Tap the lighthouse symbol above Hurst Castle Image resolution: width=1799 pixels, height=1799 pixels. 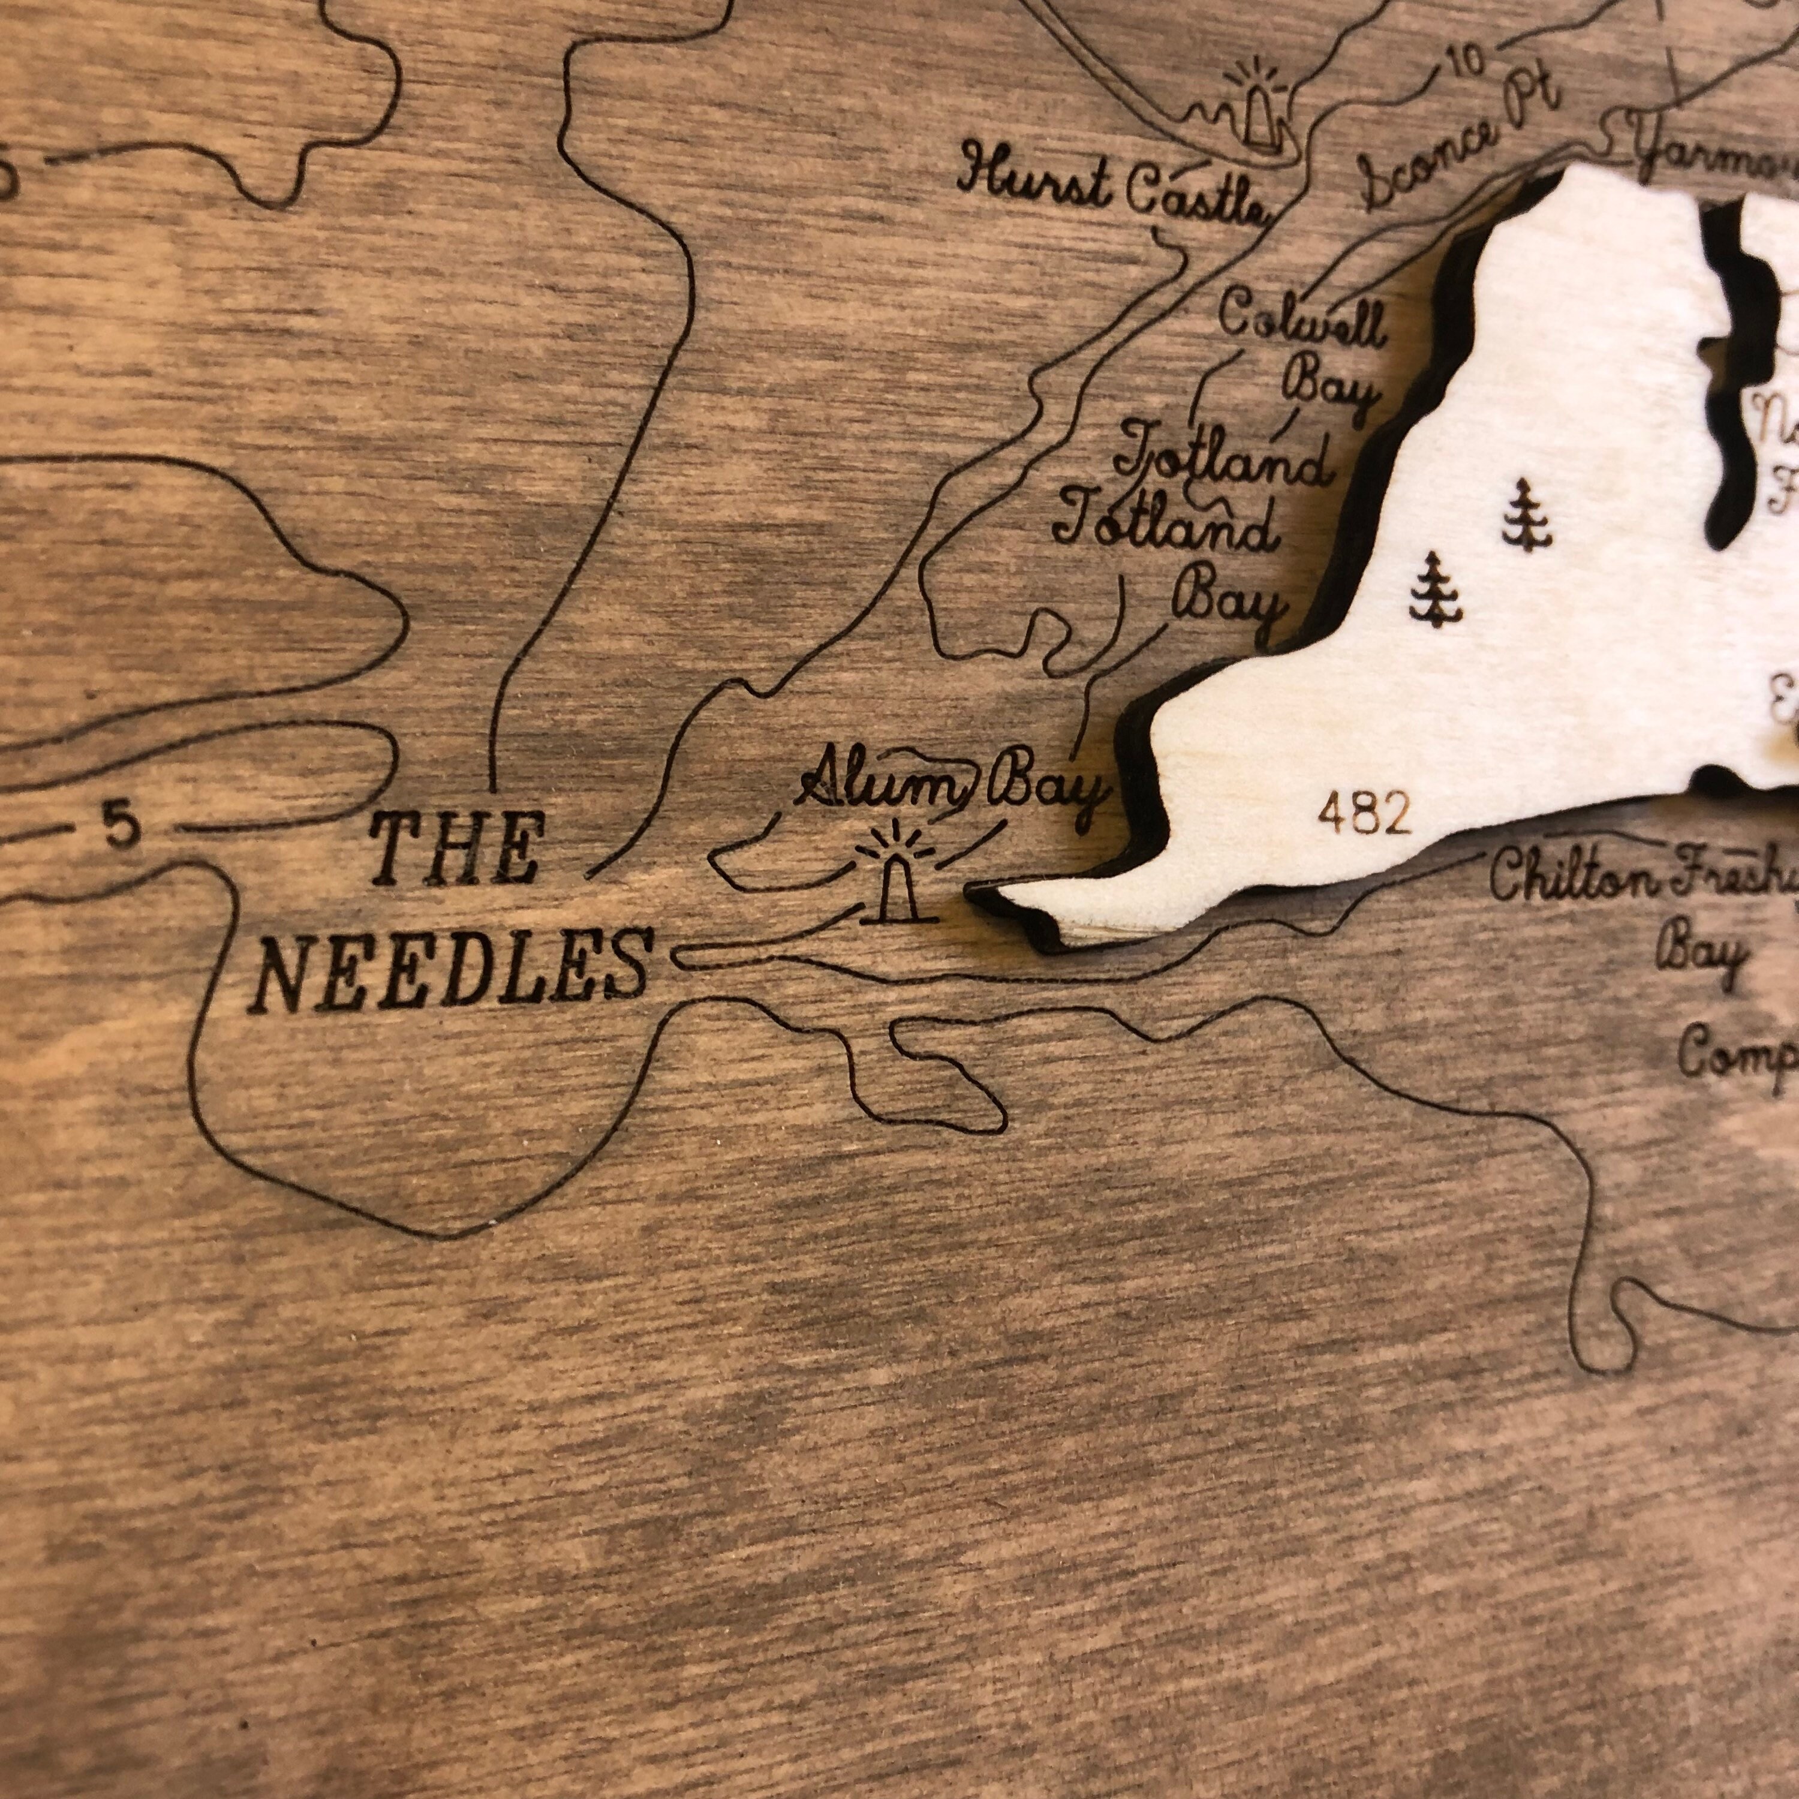pyautogui.click(x=1258, y=111)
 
